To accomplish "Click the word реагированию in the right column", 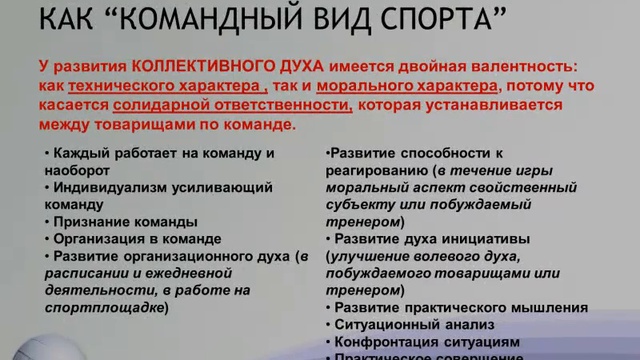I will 366,170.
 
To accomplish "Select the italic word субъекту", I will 355,204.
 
